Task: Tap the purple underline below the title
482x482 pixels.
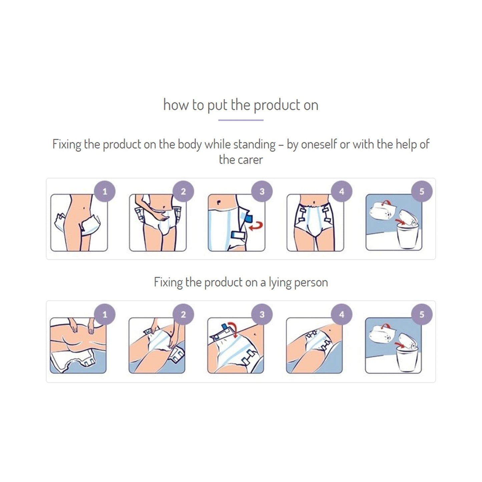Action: (x=241, y=120)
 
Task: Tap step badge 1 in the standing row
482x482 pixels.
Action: (x=105, y=191)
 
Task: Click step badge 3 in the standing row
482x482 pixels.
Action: (x=262, y=191)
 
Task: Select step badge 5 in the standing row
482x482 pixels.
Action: (x=422, y=191)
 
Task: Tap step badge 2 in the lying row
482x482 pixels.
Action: (x=183, y=314)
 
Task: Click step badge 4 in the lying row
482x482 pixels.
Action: (x=341, y=314)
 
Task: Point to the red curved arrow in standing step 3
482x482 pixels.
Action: (x=257, y=226)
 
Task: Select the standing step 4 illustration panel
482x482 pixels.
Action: (x=315, y=223)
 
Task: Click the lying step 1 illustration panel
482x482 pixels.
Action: (x=78, y=346)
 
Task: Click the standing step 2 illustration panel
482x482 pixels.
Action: (x=157, y=223)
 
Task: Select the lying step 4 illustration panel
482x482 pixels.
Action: (x=314, y=346)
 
